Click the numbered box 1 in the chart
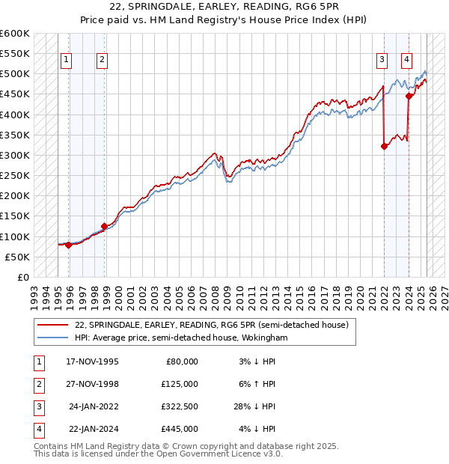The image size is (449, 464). pos(67,61)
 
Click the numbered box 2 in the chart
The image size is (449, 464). pos(102,61)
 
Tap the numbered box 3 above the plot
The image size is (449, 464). pos(382,61)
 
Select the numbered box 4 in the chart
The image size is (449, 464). pos(406,61)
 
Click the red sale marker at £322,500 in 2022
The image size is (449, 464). pos(384,146)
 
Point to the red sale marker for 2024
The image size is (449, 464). pos(409,96)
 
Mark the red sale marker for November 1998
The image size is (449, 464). pos(104,226)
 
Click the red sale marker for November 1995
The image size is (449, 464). pos(68,245)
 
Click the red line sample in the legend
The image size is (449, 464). pos(52,326)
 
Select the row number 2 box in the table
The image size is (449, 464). pos(37,384)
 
